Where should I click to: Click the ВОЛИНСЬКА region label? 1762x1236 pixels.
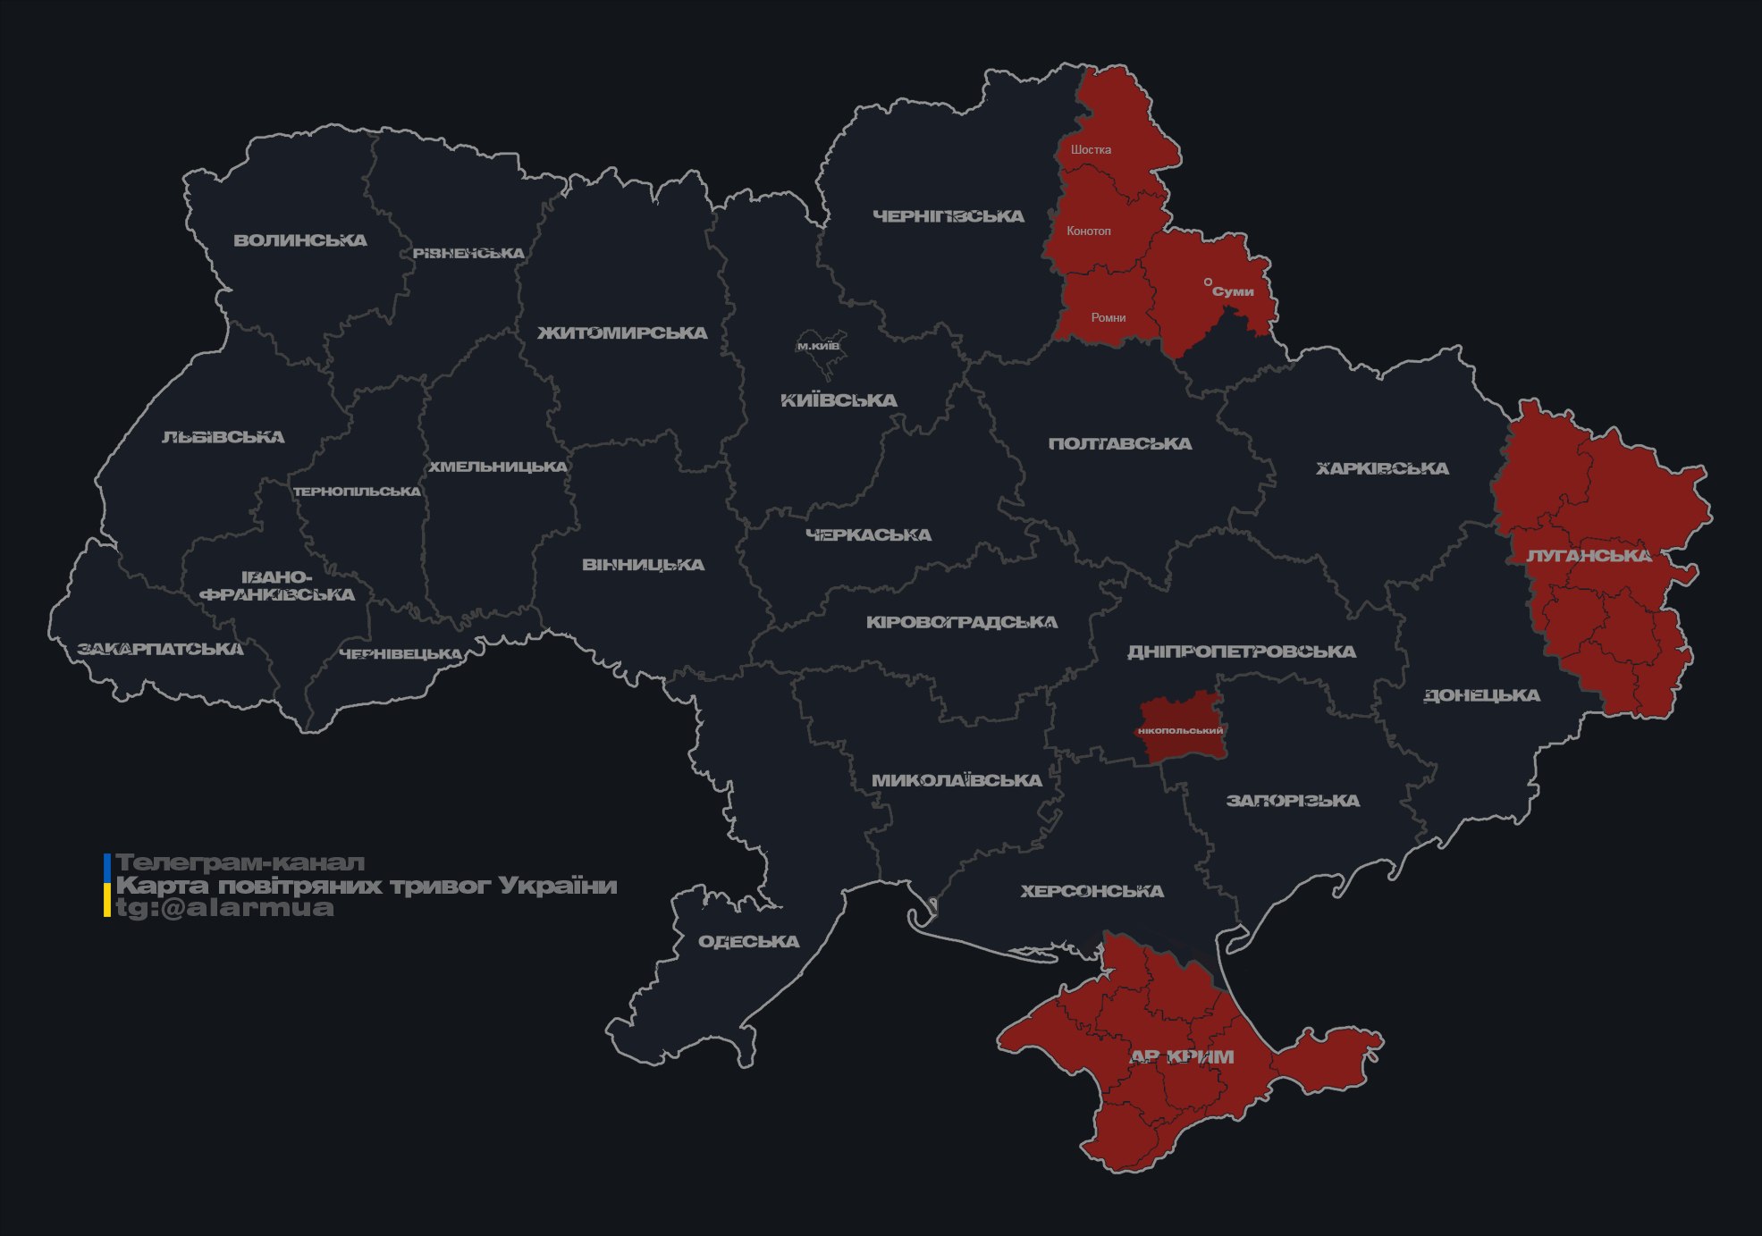300,240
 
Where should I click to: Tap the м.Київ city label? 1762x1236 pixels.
818,346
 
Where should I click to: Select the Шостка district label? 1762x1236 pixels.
1091,149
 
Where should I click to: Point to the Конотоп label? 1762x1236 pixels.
1088,231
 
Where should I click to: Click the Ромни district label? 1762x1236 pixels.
1108,317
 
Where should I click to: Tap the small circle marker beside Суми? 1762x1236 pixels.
1208,282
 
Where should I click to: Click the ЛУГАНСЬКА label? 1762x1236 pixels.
1589,556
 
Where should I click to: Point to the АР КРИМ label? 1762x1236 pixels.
1182,1057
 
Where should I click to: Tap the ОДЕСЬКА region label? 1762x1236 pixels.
748,942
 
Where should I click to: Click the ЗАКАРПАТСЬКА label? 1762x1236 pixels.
160,649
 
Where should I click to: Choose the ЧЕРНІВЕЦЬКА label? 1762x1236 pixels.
400,654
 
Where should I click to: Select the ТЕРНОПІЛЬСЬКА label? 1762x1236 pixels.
357,492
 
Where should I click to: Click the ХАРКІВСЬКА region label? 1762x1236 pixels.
1382,468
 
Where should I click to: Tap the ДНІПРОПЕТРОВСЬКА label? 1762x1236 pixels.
1241,652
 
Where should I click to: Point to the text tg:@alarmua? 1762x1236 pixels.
224,909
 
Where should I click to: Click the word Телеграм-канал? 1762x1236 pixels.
240,863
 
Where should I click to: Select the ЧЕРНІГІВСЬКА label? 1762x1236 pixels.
948,216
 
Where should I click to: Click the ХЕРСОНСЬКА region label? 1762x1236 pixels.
1092,891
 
